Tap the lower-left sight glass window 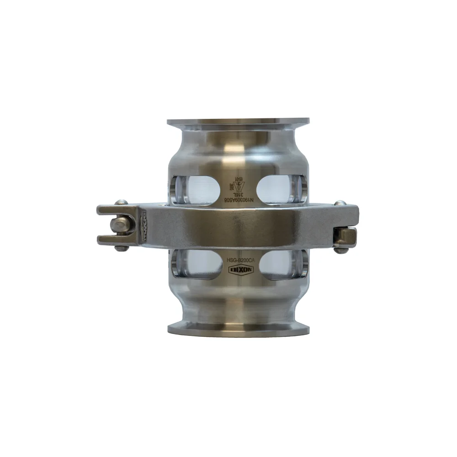197,264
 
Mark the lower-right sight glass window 278,264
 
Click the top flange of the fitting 238,122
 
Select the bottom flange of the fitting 238,328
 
